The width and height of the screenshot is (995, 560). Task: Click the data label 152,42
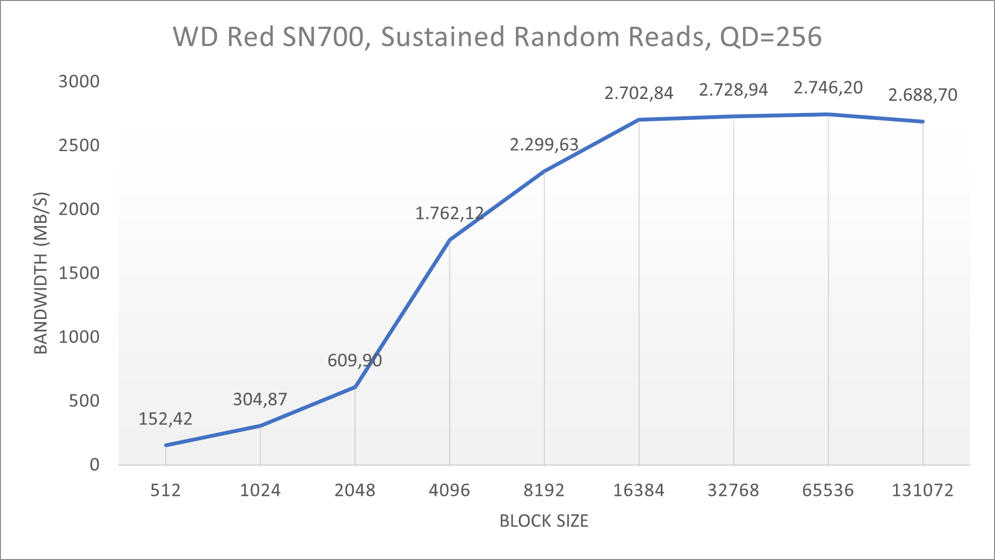165,419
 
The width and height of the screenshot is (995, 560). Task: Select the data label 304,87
260,399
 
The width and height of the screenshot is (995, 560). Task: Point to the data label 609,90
354,360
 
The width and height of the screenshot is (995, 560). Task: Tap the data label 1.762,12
449,213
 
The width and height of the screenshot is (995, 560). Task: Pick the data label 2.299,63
544,144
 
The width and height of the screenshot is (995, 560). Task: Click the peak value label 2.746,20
828,88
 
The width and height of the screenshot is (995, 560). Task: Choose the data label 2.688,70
922,95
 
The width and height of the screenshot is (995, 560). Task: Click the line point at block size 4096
449,240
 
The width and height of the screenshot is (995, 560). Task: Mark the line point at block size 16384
639,120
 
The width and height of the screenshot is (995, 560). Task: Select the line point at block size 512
165,445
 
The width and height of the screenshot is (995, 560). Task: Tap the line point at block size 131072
923,121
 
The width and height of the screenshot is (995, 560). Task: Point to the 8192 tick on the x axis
544,490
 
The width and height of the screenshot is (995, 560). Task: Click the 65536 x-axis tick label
828,490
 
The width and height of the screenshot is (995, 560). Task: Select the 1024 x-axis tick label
260,490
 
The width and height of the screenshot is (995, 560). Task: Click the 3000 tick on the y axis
79,81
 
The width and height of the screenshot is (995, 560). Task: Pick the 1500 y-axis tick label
79,273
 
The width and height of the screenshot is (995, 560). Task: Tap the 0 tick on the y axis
94,464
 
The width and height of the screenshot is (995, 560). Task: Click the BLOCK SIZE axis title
544,521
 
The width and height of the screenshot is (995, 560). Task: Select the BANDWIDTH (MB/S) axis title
41,273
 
